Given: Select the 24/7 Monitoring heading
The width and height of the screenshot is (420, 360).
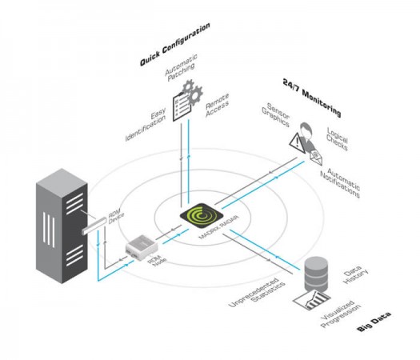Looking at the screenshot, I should pyautogui.click(x=312, y=95).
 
